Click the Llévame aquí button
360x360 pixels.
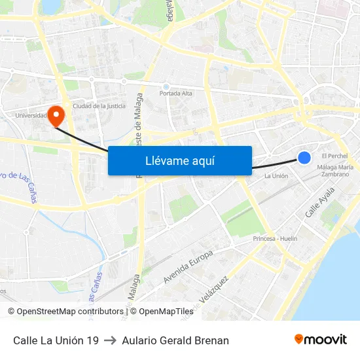pos(179,160)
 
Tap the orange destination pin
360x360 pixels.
pos(57,116)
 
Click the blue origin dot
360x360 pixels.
pos(304,157)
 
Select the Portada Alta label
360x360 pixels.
pos(175,94)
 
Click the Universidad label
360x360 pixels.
pos(31,116)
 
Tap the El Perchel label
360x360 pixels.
pos(334,156)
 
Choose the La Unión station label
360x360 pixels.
pos(276,176)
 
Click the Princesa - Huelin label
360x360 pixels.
pos(275,239)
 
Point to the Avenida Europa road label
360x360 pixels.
pos(188,267)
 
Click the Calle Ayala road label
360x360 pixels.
pos(320,202)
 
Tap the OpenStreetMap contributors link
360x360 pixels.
pos(69,312)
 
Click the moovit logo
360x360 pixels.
pos(320,340)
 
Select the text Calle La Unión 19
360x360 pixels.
pos(56,340)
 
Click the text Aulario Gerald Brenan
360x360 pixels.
pos(175,340)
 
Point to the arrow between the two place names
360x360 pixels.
pos(110,340)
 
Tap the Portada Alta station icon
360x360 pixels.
pos(166,86)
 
